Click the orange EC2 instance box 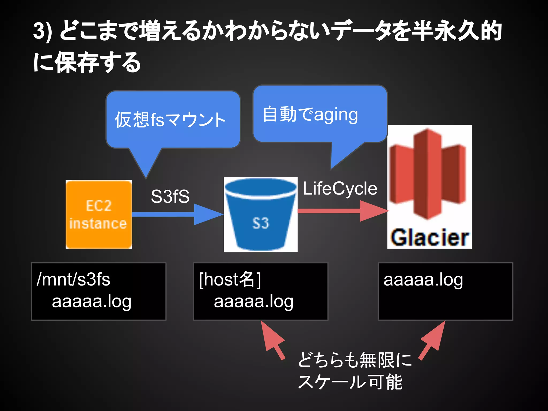tap(98, 214)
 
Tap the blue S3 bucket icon tap(260, 214)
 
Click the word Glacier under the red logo tap(429, 238)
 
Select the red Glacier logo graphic tap(428, 174)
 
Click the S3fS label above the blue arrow tap(170, 196)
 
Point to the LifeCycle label tap(340, 188)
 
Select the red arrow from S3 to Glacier tap(342, 211)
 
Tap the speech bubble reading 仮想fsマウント tap(173, 120)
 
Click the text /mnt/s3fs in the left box tap(73, 279)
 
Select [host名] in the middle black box tap(230, 279)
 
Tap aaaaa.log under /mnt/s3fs tap(92, 302)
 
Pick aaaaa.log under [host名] tap(253, 302)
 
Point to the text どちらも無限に tap(355, 360)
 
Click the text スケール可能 tap(350, 382)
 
